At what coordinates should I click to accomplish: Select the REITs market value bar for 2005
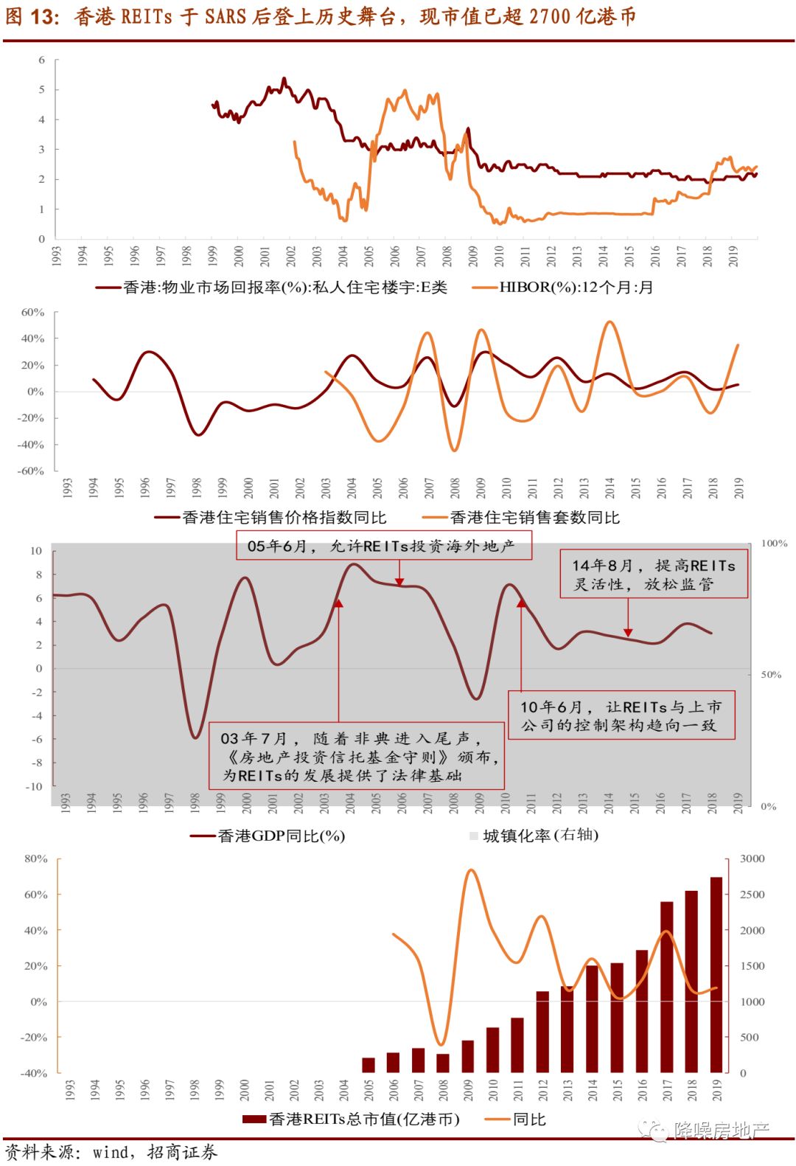[x=369, y=1065]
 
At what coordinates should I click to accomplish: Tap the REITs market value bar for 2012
[x=542, y=1032]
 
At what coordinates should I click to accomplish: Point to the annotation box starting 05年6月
[x=383, y=546]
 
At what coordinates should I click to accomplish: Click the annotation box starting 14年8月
[x=654, y=575]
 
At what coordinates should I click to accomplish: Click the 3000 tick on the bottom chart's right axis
[x=753, y=858]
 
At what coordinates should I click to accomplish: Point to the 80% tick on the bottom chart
[x=35, y=858]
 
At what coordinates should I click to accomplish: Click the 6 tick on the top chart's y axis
[x=42, y=60]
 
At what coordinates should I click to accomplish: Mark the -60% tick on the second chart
[x=31, y=471]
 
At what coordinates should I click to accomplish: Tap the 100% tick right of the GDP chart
[x=774, y=544]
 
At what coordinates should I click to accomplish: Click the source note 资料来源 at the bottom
[x=111, y=1152]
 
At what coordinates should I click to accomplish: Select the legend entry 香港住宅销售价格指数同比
[x=284, y=518]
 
